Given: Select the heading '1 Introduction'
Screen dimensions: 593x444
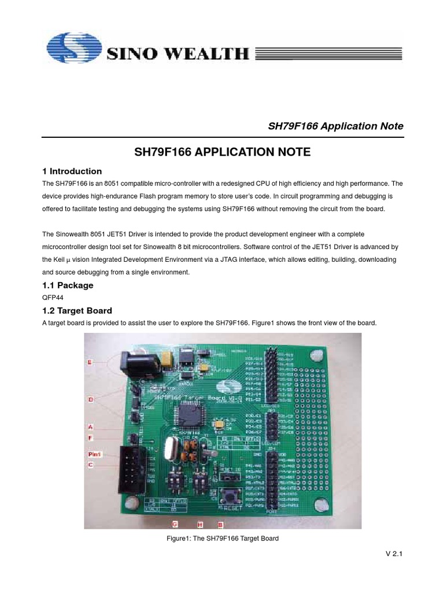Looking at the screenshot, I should click(x=72, y=171).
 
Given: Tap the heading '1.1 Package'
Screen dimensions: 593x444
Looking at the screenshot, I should click(x=68, y=285).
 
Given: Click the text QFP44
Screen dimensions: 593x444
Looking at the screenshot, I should click(x=53, y=298).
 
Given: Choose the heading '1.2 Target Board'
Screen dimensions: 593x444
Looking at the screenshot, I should click(x=77, y=310).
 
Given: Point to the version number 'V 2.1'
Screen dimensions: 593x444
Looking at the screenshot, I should click(x=394, y=554).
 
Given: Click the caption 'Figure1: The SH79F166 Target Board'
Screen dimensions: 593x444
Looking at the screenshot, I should click(x=222, y=539).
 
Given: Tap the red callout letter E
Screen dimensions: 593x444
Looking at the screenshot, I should click(x=90, y=363).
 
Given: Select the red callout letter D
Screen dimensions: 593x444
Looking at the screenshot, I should click(x=90, y=399).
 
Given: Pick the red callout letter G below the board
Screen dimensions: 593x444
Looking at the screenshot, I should click(x=175, y=525).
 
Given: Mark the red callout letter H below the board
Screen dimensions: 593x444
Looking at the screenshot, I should click(x=201, y=525).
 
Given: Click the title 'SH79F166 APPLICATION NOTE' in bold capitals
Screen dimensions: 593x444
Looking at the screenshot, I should click(x=222, y=152).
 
